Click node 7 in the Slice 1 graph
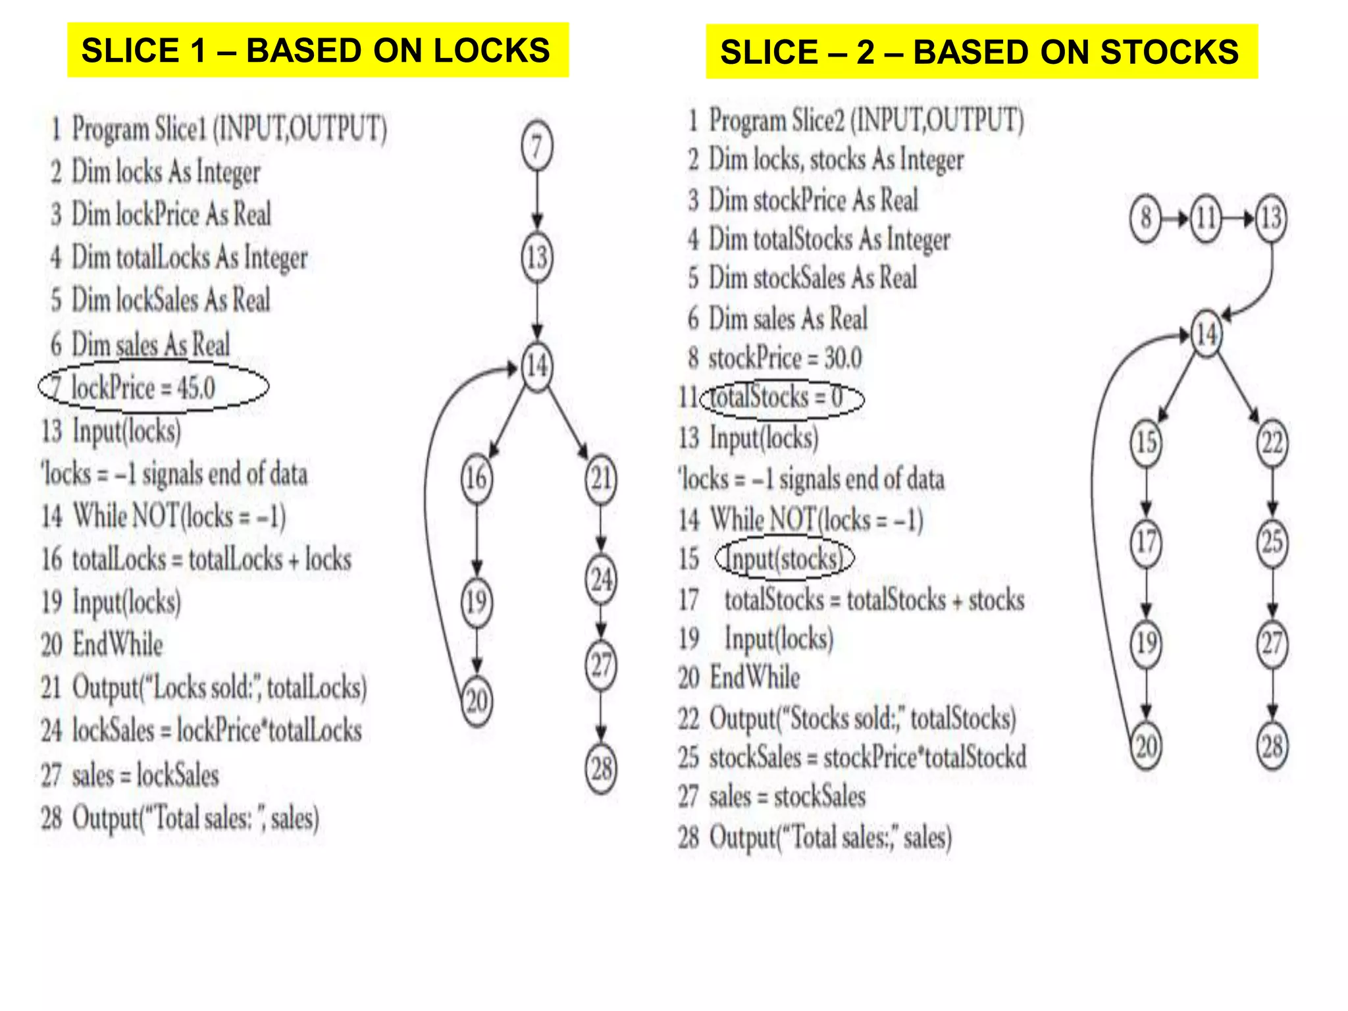tap(537, 147)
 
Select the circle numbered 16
tap(476, 478)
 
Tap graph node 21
tap(601, 479)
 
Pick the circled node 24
tap(601, 580)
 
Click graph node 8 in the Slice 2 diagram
tap(1146, 218)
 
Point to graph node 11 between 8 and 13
tap(1206, 218)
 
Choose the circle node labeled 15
tap(1146, 442)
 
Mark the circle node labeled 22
tap(1272, 442)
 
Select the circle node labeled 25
tap(1272, 542)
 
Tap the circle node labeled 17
tap(1146, 542)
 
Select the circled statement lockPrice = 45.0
tap(153, 387)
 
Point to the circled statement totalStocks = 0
tap(782, 398)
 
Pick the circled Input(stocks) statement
tap(783, 559)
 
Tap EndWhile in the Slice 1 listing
tap(117, 644)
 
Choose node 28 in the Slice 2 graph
tap(1272, 746)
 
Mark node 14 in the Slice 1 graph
tap(537, 365)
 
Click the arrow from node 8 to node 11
tap(1176, 218)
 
